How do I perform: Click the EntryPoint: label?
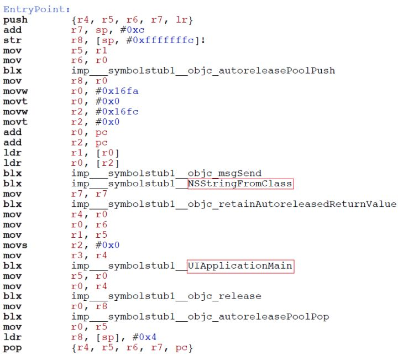tap(37, 9)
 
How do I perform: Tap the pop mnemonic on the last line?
tap(12, 347)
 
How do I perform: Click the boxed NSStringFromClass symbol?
tap(240, 184)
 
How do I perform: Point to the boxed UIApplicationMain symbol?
tap(240, 265)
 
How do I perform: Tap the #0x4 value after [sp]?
tap(143, 337)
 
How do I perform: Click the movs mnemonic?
tap(15, 245)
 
